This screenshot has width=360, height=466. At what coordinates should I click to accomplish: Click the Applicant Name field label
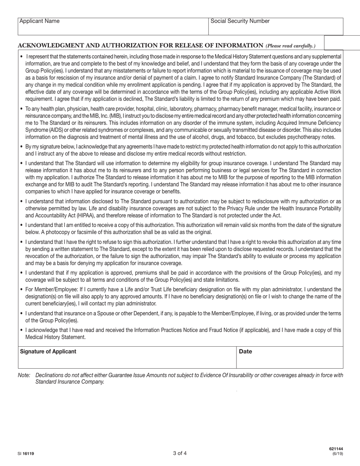coord(39,21)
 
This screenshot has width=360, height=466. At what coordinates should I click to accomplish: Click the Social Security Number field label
coord(240,21)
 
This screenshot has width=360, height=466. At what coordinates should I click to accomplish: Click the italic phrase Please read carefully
coord(290,46)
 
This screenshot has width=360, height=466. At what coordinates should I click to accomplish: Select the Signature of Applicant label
coord(48,351)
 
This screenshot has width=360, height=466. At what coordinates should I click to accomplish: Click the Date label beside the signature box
coord(246,351)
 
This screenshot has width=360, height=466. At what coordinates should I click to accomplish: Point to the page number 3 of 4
coord(180,453)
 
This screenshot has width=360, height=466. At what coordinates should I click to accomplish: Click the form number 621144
coord(336,449)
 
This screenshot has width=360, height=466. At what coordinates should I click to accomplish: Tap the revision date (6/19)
coord(338,453)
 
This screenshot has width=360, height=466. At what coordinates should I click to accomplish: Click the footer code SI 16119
coord(26,453)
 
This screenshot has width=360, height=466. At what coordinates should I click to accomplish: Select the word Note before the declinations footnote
coord(23,375)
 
